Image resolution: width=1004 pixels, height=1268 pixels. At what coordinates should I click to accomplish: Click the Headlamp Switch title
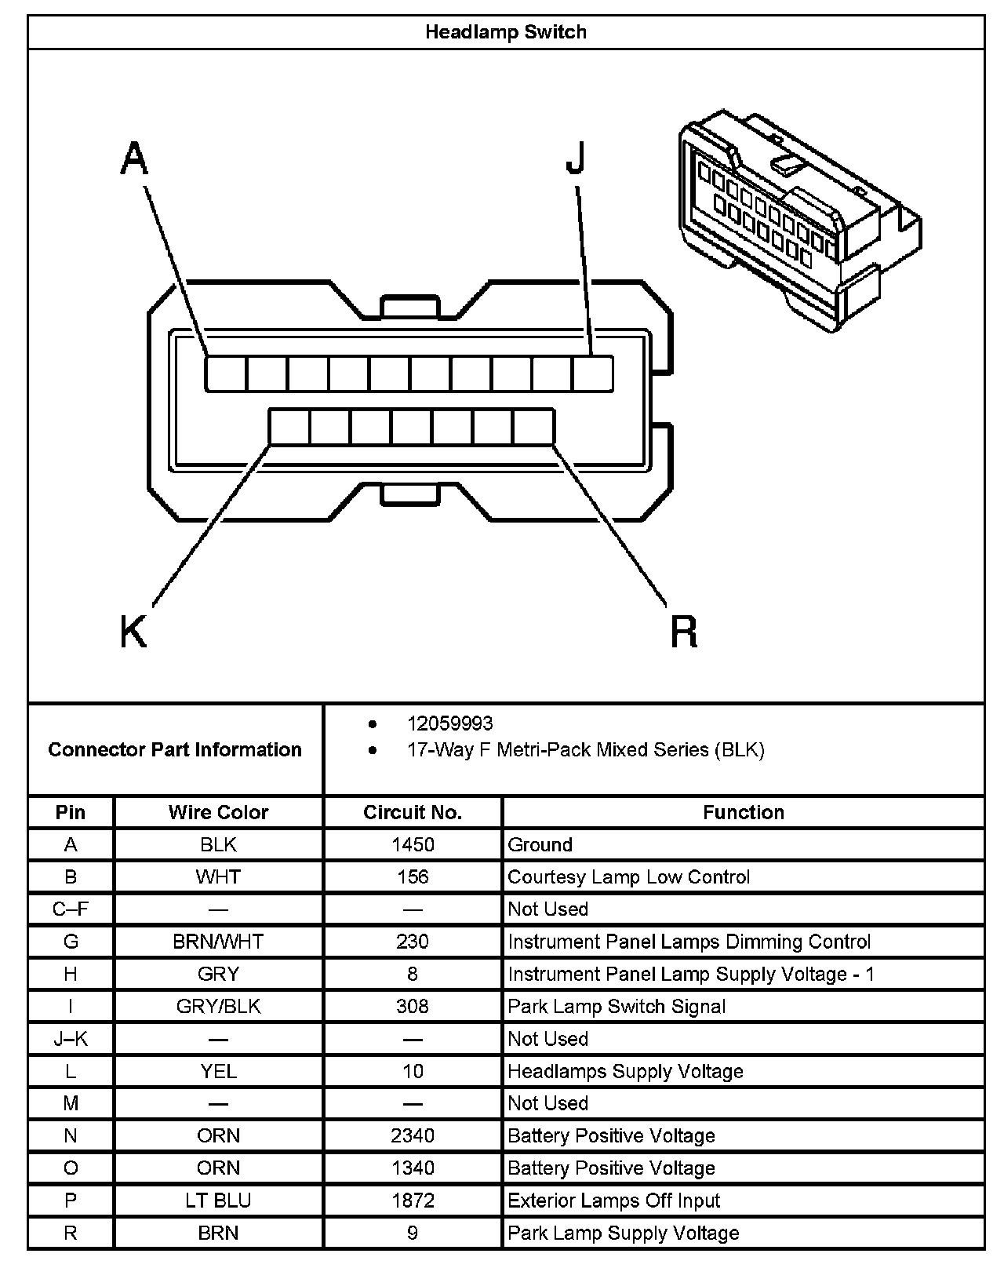(505, 32)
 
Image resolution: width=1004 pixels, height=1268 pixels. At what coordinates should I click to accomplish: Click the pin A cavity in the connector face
(226, 373)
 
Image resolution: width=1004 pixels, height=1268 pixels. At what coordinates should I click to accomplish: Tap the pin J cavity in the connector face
(593, 373)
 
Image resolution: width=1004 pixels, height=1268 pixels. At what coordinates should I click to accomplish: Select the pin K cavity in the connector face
(289, 427)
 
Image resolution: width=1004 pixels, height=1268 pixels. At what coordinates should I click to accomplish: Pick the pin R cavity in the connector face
(534, 427)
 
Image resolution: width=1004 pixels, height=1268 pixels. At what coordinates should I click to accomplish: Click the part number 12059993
(449, 723)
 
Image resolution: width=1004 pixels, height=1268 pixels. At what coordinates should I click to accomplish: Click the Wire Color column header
(218, 812)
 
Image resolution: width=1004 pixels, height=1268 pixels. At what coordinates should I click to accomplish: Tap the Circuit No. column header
(413, 812)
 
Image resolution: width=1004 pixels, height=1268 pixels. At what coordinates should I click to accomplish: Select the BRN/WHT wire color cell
(218, 942)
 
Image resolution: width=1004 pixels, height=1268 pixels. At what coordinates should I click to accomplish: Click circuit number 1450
(413, 845)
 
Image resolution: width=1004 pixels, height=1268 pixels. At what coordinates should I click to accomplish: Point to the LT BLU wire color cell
(218, 1201)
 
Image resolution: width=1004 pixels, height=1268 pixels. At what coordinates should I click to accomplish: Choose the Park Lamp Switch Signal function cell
(617, 1007)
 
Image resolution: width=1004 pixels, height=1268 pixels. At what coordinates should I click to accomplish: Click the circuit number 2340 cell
(413, 1135)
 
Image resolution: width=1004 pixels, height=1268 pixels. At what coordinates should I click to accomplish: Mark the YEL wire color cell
(218, 1071)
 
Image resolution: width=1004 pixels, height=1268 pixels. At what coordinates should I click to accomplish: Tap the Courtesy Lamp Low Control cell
(628, 877)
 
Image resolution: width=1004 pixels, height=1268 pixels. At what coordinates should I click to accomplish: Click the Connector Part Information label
(175, 749)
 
